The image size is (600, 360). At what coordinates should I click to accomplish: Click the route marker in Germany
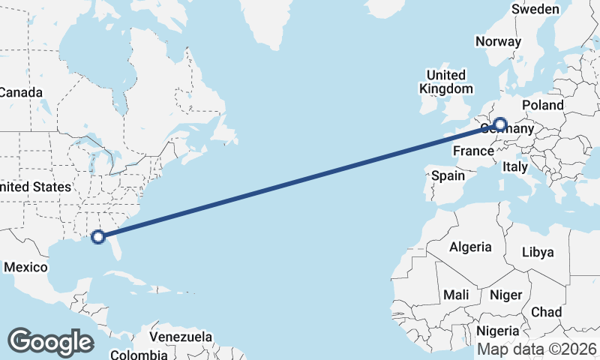(x=499, y=124)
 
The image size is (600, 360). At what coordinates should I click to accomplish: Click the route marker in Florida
(x=97, y=237)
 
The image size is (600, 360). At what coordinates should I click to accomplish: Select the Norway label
(x=498, y=41)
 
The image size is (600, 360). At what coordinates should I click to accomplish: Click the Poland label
(x=542, y=105)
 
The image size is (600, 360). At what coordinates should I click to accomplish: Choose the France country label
(x=473, y=151)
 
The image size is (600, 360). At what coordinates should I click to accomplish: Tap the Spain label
(x=448, y=176)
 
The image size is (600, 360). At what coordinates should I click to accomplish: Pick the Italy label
(x=515, y=166)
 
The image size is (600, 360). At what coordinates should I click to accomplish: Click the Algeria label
(x=470, y=247)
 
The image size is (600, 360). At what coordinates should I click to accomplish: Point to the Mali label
(x=456, y=295)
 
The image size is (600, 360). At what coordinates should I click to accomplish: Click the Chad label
(x=546, y=311)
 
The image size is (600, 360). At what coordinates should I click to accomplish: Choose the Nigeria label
(x=498, y=331)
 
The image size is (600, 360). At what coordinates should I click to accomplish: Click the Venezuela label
(x=181, y=337)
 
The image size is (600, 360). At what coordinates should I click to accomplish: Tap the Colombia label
(x=139, y=354)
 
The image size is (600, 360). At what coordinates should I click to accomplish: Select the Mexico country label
(x=25, y=266)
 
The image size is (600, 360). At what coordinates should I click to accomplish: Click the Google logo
(x=50, y=341)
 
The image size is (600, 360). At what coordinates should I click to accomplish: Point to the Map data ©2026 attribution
(x=536, y=349)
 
